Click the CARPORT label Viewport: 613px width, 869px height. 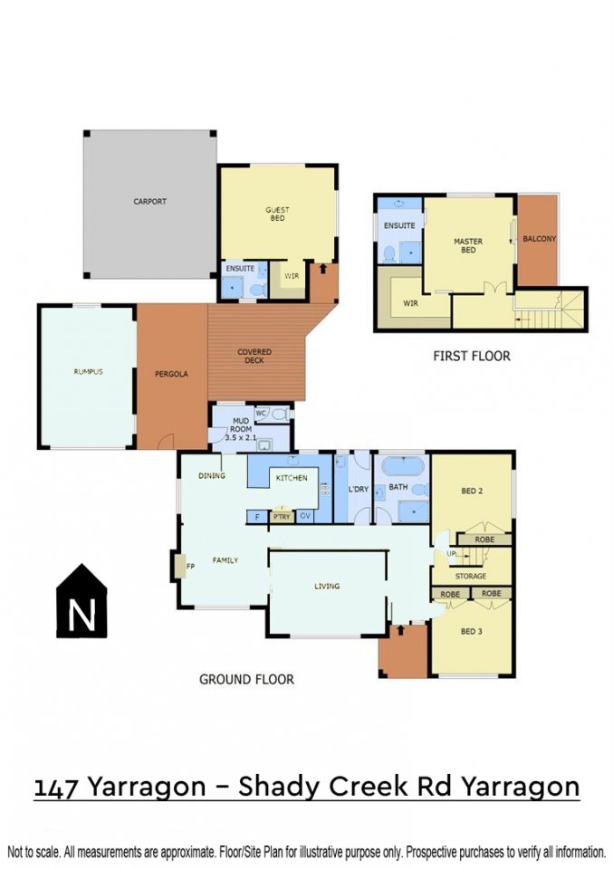click(149, 201)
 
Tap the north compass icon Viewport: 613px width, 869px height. click(81, 601)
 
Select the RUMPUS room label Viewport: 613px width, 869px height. click(88, 371)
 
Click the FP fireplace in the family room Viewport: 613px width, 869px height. click(179, 566)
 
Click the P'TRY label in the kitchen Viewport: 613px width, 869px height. click(282, 517)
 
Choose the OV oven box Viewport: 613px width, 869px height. click(305, 516)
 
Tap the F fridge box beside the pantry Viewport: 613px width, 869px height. click(256, 517)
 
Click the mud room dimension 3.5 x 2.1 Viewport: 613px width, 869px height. click(241, 437)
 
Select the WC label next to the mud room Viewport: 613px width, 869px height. click(261, 413)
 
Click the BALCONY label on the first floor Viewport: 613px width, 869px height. click(539, 239)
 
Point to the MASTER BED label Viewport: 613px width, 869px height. click(468, 245)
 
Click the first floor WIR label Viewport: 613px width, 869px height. click(411, 303)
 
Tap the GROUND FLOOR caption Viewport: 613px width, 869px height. click(246, 679)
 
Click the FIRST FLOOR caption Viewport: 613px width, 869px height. click(472, 356)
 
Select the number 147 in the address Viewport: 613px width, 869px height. click(55, 788)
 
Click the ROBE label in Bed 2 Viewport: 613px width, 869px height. click(484, 540)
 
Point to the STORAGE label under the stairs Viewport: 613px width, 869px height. click(471, 576)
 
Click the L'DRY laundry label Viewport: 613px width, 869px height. click(358, 490)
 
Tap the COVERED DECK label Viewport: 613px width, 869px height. click(254, 356)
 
